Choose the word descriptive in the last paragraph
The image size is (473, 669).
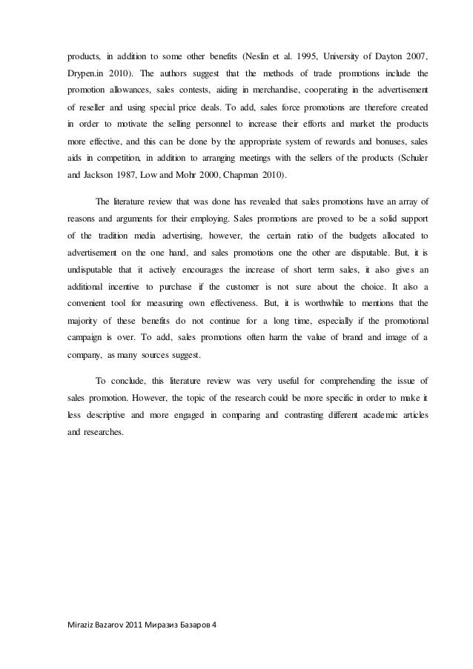click(x=105, y=416)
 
